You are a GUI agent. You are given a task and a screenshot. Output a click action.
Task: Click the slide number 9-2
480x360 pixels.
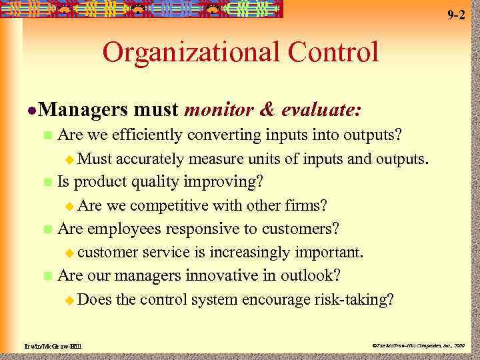(x=456, y=15)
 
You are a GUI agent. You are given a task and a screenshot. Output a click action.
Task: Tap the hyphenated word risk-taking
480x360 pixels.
(x=354, y=299)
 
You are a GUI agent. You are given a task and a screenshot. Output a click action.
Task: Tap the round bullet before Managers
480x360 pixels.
(x=23, y=110)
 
